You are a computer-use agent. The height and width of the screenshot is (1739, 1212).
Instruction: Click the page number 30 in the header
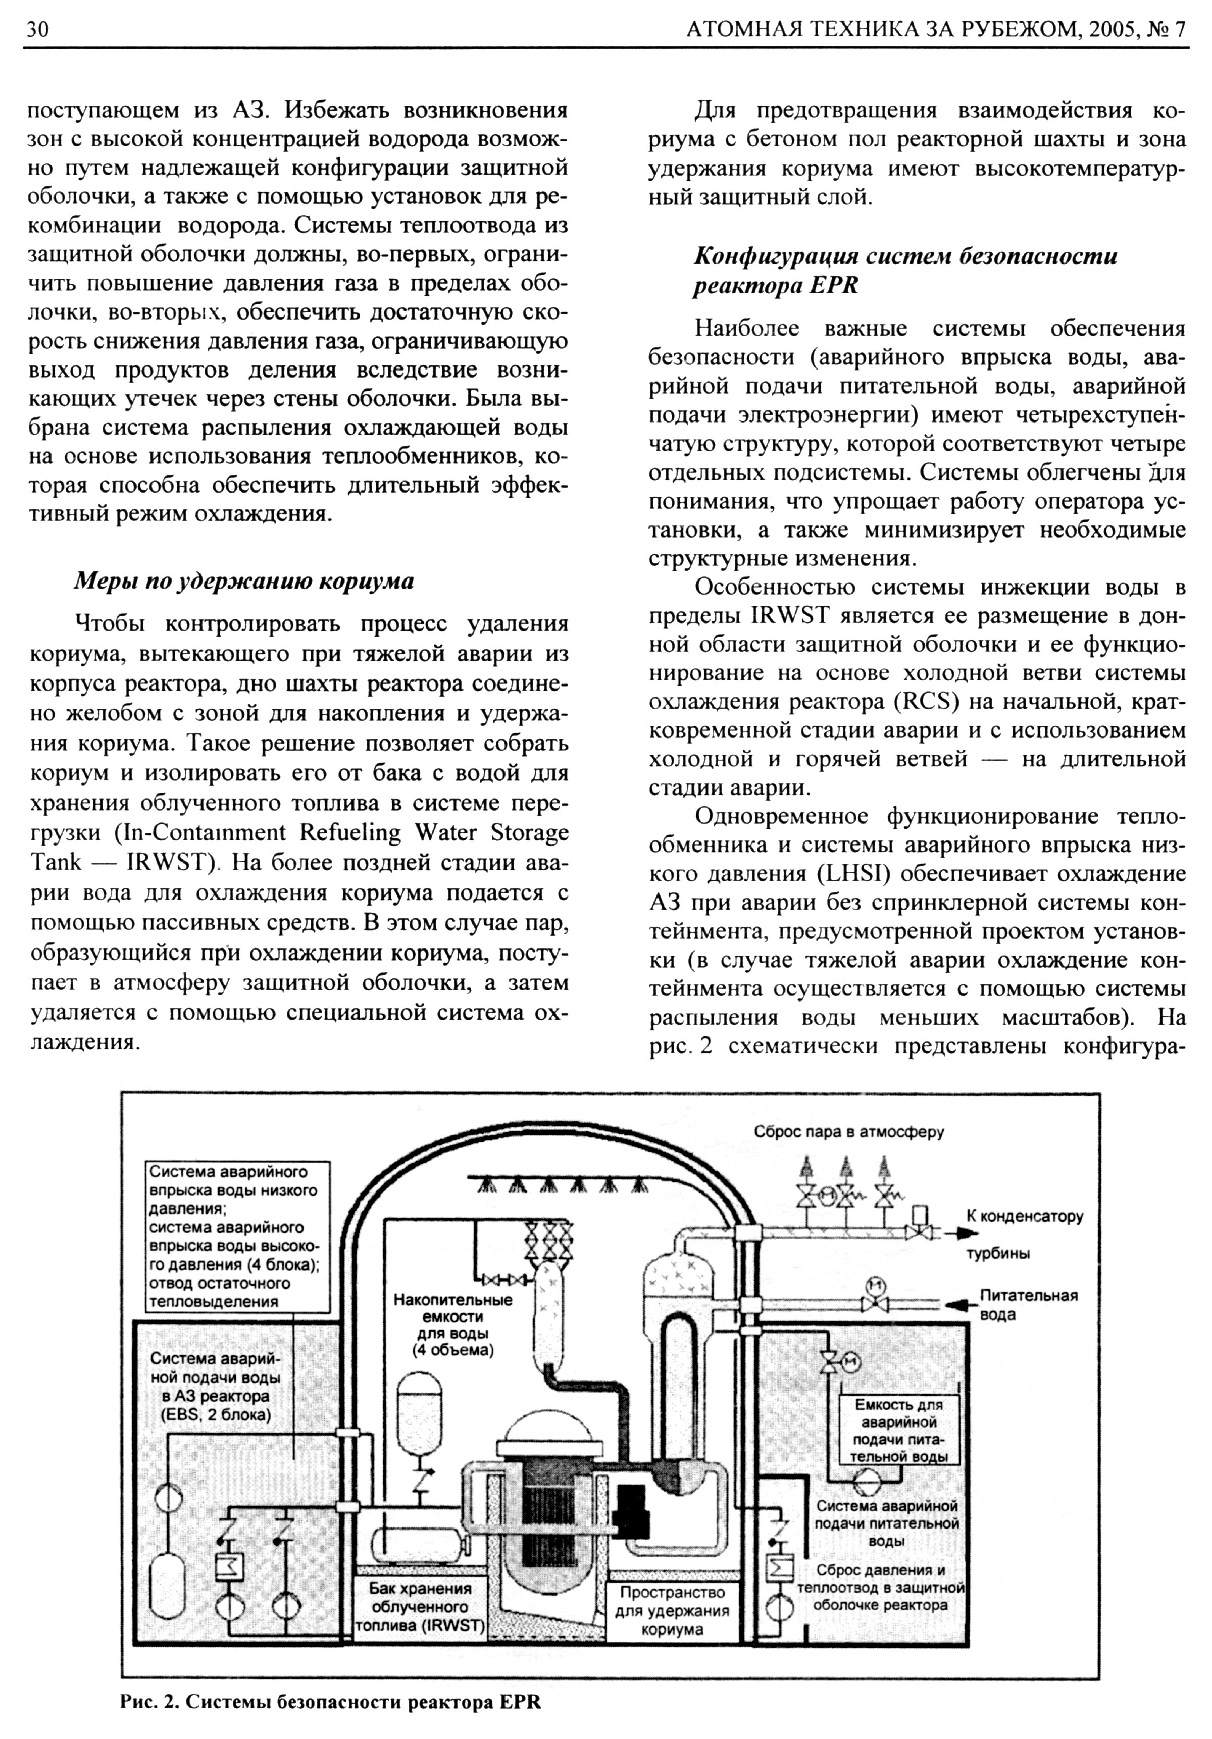[38, 29]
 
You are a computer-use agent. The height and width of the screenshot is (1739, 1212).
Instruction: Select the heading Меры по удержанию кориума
[243, 581]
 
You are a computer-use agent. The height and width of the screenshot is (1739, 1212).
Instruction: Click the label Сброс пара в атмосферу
[848, 1132]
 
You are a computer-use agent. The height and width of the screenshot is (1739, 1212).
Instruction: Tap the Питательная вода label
[1028, 1303]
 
